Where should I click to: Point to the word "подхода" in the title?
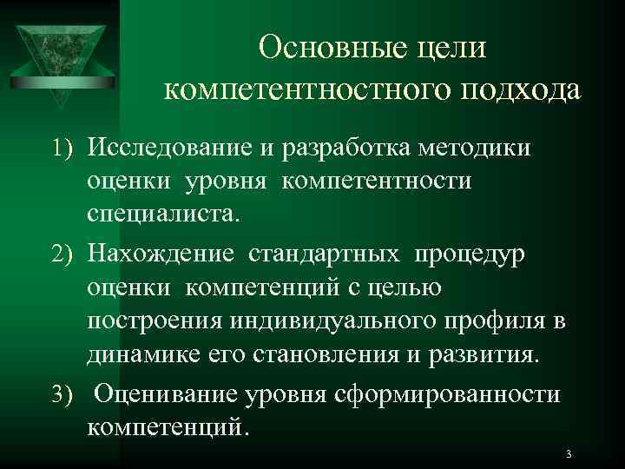[x=520, y=89]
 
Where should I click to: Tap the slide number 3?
[x=567, y=454]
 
